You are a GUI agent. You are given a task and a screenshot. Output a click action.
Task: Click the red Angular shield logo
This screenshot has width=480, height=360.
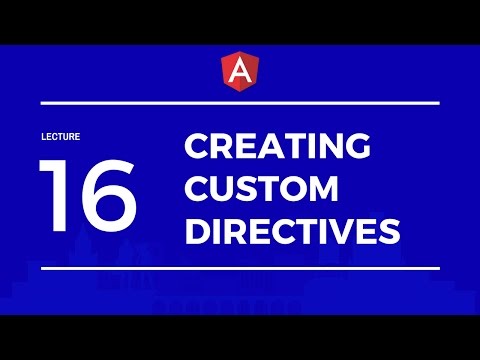tap(240, 71)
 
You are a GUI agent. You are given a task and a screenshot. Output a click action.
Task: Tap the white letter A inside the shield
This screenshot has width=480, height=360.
tap(240, 71)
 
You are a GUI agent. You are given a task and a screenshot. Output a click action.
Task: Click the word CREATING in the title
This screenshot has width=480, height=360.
tap(278, 146)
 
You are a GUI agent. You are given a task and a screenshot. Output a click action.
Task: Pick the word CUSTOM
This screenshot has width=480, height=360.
tap(261, 189)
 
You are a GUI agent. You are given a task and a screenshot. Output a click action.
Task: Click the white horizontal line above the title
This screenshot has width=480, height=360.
tap(240, 103)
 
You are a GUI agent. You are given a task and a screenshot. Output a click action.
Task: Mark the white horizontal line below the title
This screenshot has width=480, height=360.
tap(240, 268)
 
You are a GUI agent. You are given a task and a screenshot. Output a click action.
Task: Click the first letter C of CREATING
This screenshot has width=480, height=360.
tap(198, 146)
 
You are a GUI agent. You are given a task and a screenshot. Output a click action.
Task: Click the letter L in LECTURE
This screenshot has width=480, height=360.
tap(44, 136)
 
